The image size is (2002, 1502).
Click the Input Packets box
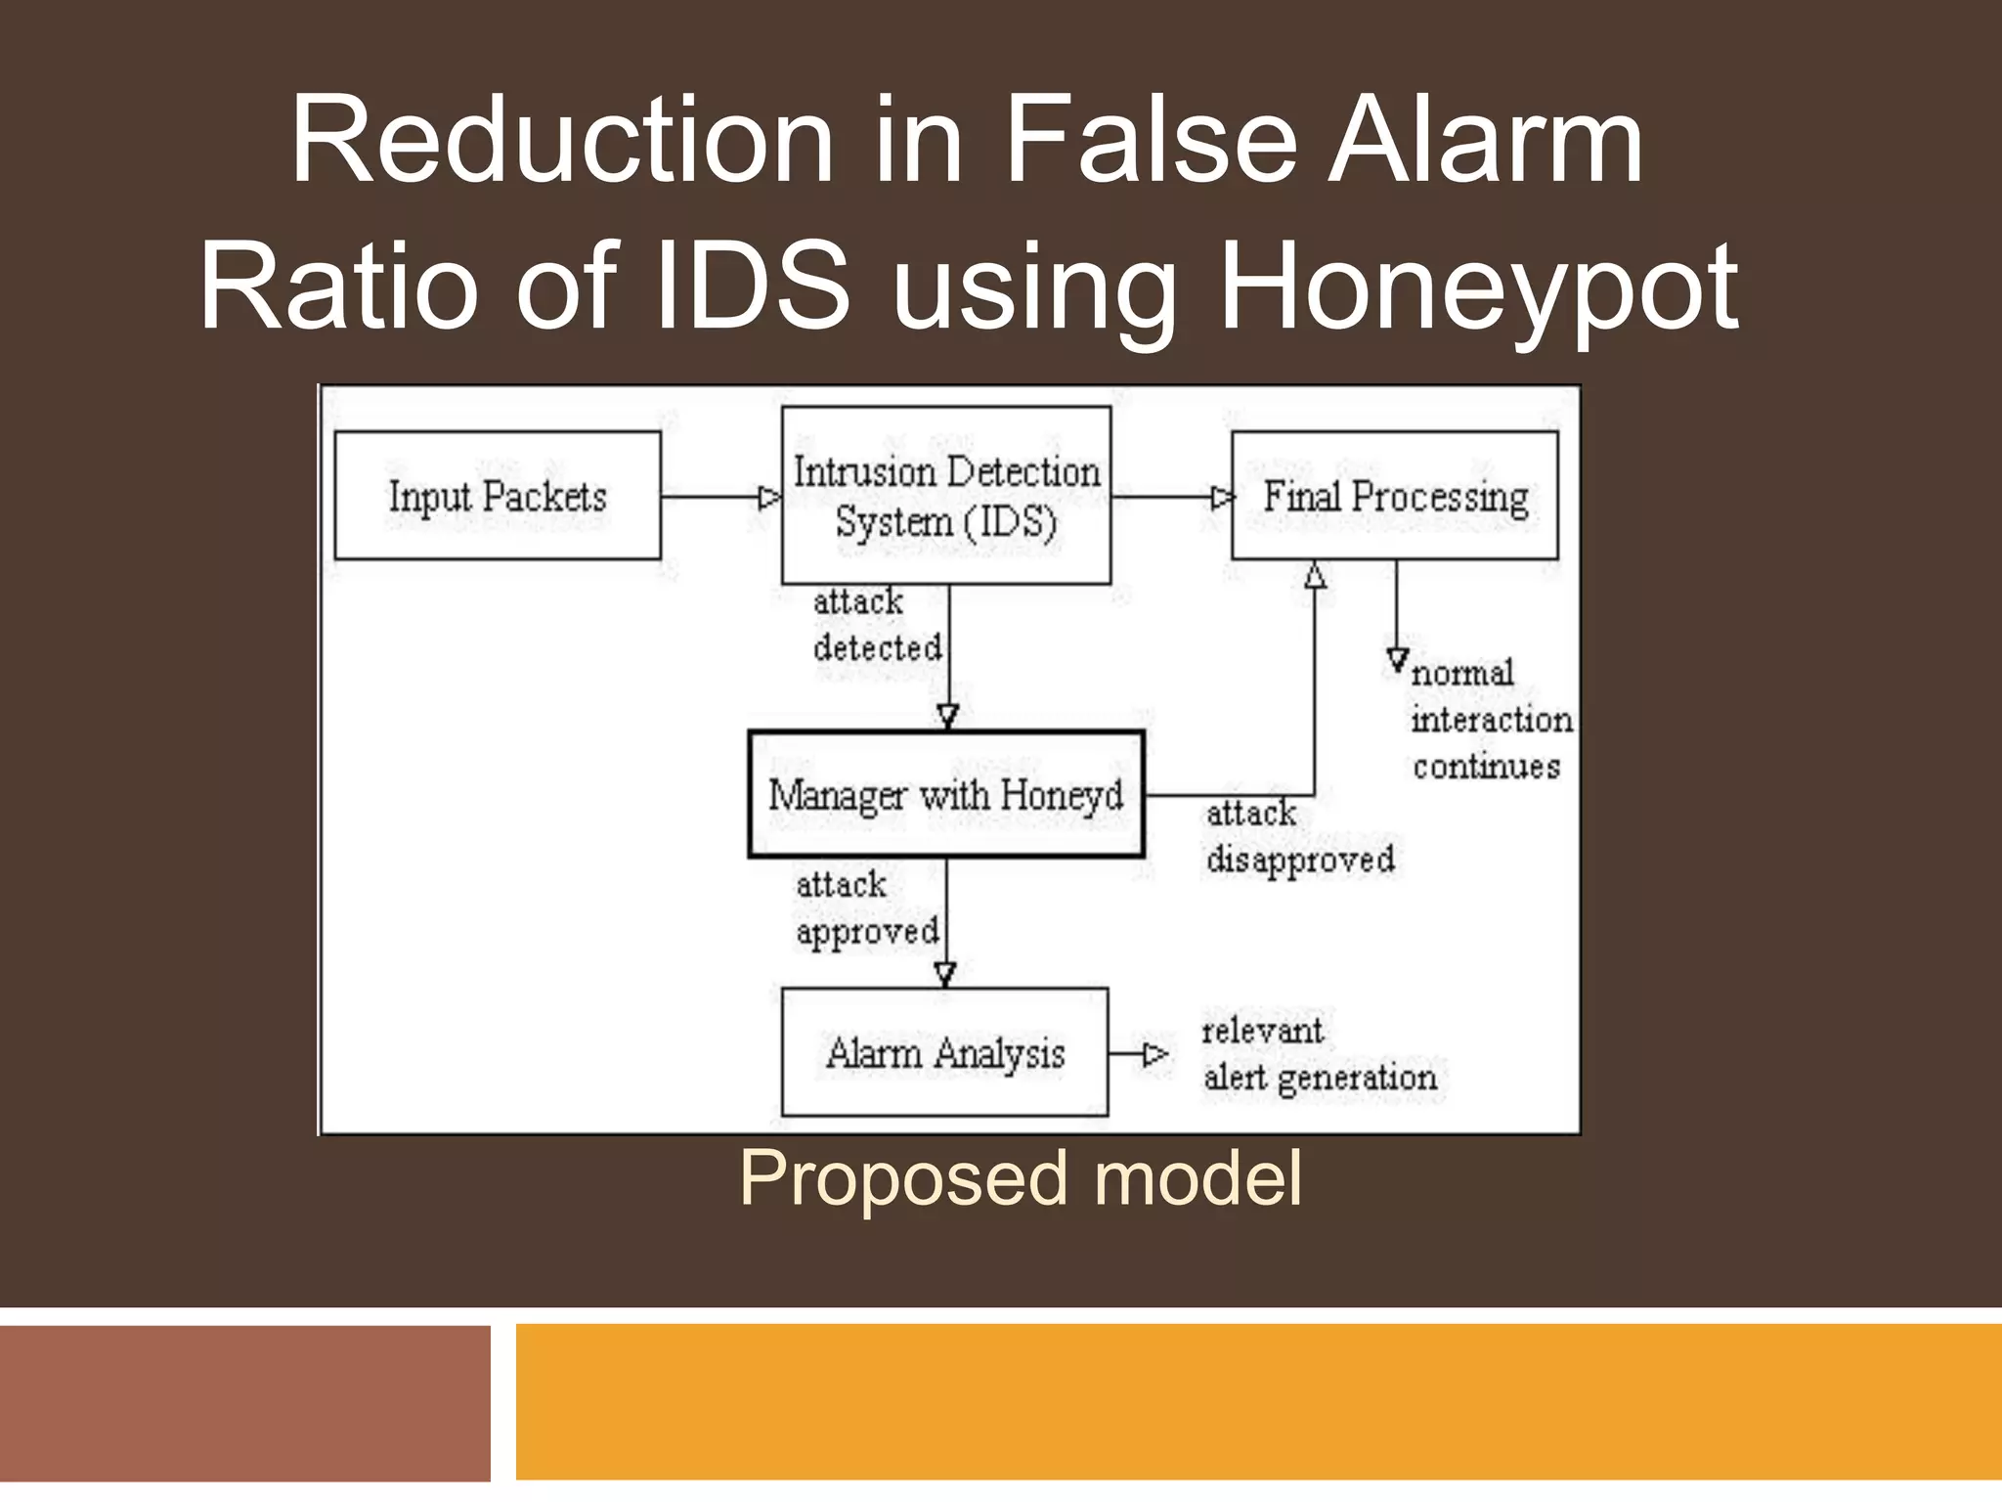point(498,496)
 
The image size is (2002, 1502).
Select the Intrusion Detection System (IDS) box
point(945,496)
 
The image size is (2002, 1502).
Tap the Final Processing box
point(1394,496)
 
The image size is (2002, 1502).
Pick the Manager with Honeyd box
point(945,795)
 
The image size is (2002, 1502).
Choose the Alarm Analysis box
point(944,1052)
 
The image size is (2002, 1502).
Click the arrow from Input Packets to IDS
point(720,498)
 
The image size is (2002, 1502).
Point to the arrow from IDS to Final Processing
point(1171,498)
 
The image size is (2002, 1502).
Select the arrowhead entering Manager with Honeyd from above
point(947,717)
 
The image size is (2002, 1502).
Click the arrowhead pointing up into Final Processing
point(1315,575)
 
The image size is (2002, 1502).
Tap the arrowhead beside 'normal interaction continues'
point(1397,660)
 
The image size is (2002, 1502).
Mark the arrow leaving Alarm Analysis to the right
point(1139,1054)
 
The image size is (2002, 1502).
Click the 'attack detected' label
point(876,624)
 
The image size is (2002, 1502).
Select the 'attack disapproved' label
point(1299,837)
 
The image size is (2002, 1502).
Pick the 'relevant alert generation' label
point(1319,1054)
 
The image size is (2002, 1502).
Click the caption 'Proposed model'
point(1020,1177)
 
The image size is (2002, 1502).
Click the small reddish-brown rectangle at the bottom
point(244,1402)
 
